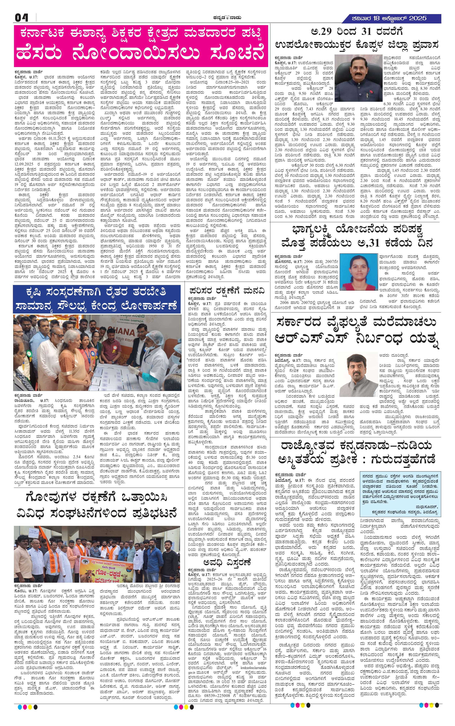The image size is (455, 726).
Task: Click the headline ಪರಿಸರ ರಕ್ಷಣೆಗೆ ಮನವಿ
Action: pyautogui.click(x=227, y=291)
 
